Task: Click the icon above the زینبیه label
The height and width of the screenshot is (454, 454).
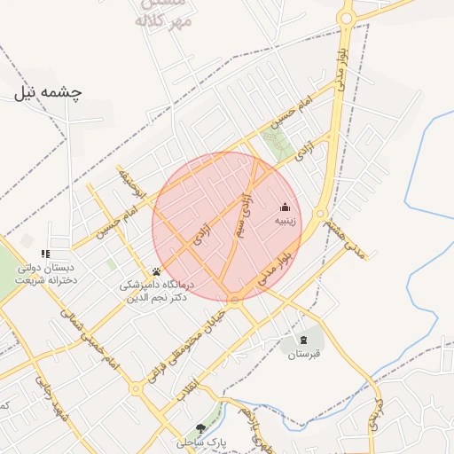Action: click(x=285, y=207)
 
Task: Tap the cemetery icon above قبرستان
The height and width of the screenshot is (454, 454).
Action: click(x=305, y=340)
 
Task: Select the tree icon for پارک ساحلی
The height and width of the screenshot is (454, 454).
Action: click(x=201, y=428)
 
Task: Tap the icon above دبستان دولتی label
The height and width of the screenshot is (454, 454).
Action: click(x=45, y=254)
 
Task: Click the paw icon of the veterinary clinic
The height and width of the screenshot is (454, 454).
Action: click(x=157, y=272)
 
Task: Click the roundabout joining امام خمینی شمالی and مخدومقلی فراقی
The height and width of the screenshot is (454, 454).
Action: click(x=136, y=387)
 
